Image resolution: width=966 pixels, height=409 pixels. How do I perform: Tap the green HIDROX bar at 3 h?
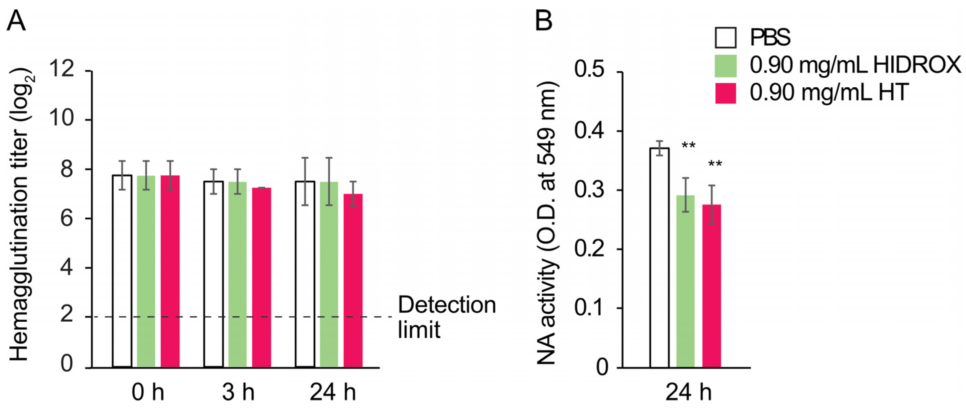click(x=237, y=274)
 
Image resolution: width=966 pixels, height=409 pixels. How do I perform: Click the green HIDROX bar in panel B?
click(x=685, y=281)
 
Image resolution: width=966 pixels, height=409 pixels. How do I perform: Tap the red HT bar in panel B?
click(x=711, y=285)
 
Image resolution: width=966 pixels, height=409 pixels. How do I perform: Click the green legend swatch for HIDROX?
click(x=725, y=66)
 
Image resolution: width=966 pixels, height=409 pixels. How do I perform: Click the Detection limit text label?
click(x=446, y=317)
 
